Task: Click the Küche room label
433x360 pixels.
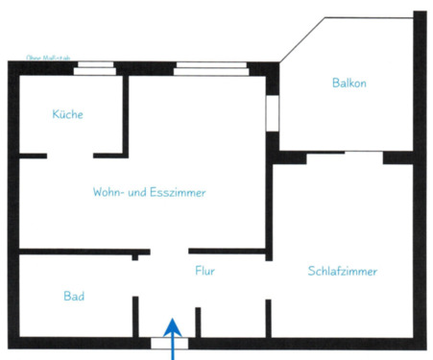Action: pyautogui.click(x=67, y=114)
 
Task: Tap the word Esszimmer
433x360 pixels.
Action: pyautogui.click(x=179, y=192)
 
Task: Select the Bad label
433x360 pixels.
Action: pyautogui.click(x=74, y=296)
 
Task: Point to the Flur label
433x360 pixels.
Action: pyautogui.click(x=204, y=271)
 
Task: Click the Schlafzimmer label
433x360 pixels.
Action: pyautogui.click(x=343, y=271)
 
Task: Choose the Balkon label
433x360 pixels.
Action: pyautogui.click(x=349, y=83)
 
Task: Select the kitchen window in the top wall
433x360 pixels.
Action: pyautogui.click(x=94, y=67)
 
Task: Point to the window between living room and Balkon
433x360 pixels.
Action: pyautogui.click(x=272, y=111)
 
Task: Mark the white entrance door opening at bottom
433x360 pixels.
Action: pyautogui.click(x=170, y=343)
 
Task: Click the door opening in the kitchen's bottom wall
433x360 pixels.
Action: pyautogui.click(x=70, y=155)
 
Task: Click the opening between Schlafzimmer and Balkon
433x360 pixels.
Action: pyautogui.click(x=345, y=154)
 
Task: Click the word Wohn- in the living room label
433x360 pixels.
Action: pyautogui.click(x=109, y=192)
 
